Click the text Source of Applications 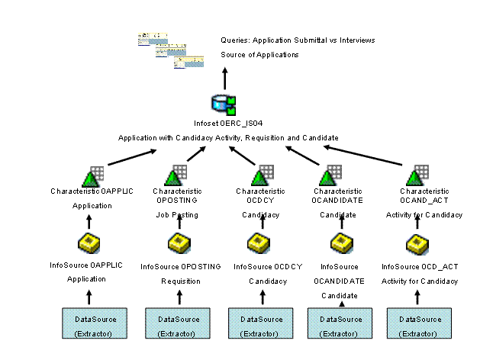[259, 55]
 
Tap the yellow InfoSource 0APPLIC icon [89, 244]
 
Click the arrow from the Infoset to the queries [224, 77]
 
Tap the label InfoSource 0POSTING [181, 266]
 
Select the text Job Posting [176, 215]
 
